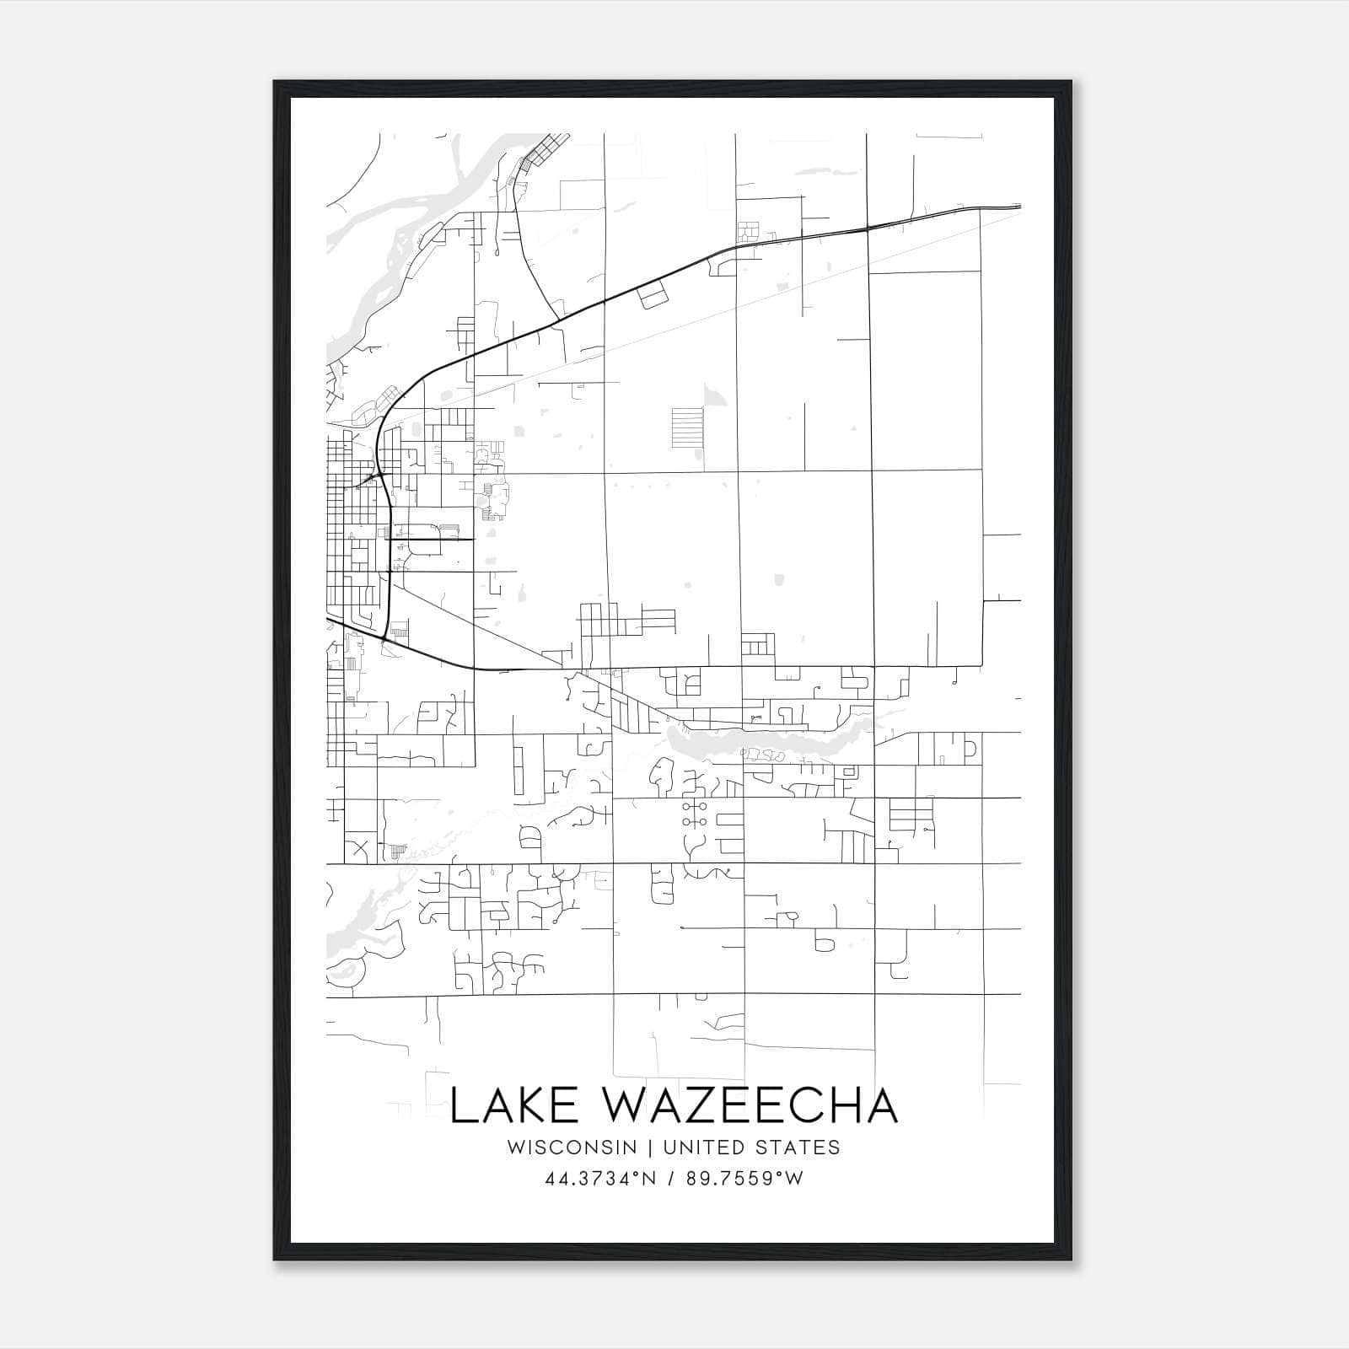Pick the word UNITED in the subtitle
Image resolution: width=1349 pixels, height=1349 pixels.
(x=695, y=1147)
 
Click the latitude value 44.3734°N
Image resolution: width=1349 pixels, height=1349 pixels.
(x=600, y=1179)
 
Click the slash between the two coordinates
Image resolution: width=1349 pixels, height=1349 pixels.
(x=671, y=1179)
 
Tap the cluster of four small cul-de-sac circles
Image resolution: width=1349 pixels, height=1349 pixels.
(x=696, y=814)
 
